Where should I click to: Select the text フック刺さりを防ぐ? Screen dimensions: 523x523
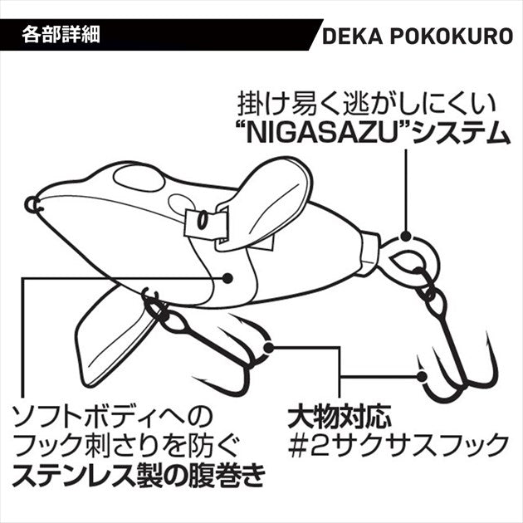click(x=125, y=445)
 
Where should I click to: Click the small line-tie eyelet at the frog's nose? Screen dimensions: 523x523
click(x=31, y=203)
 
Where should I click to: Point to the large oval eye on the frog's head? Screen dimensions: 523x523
click(x=139, y=177)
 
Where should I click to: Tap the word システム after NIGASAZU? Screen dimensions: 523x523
click(x=461, y=130)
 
